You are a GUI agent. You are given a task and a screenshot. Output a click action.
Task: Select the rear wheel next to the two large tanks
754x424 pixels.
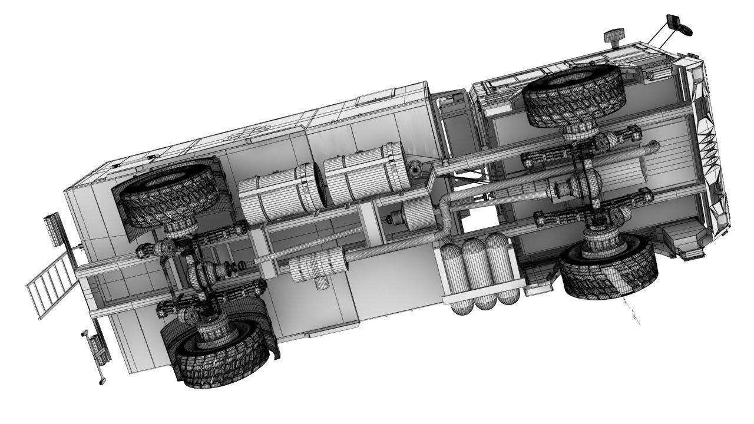click(168, 194)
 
